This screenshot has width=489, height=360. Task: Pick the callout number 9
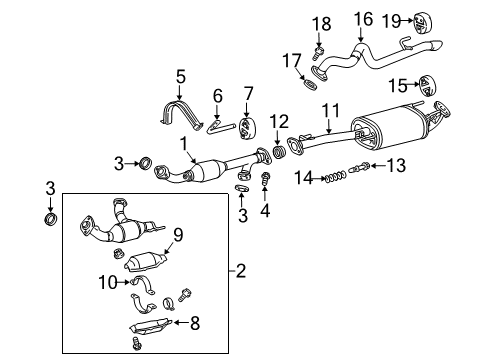pyautogui.click(x=179, y=236)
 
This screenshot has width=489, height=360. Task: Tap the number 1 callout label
pyautogui.click(x=184, y=145)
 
